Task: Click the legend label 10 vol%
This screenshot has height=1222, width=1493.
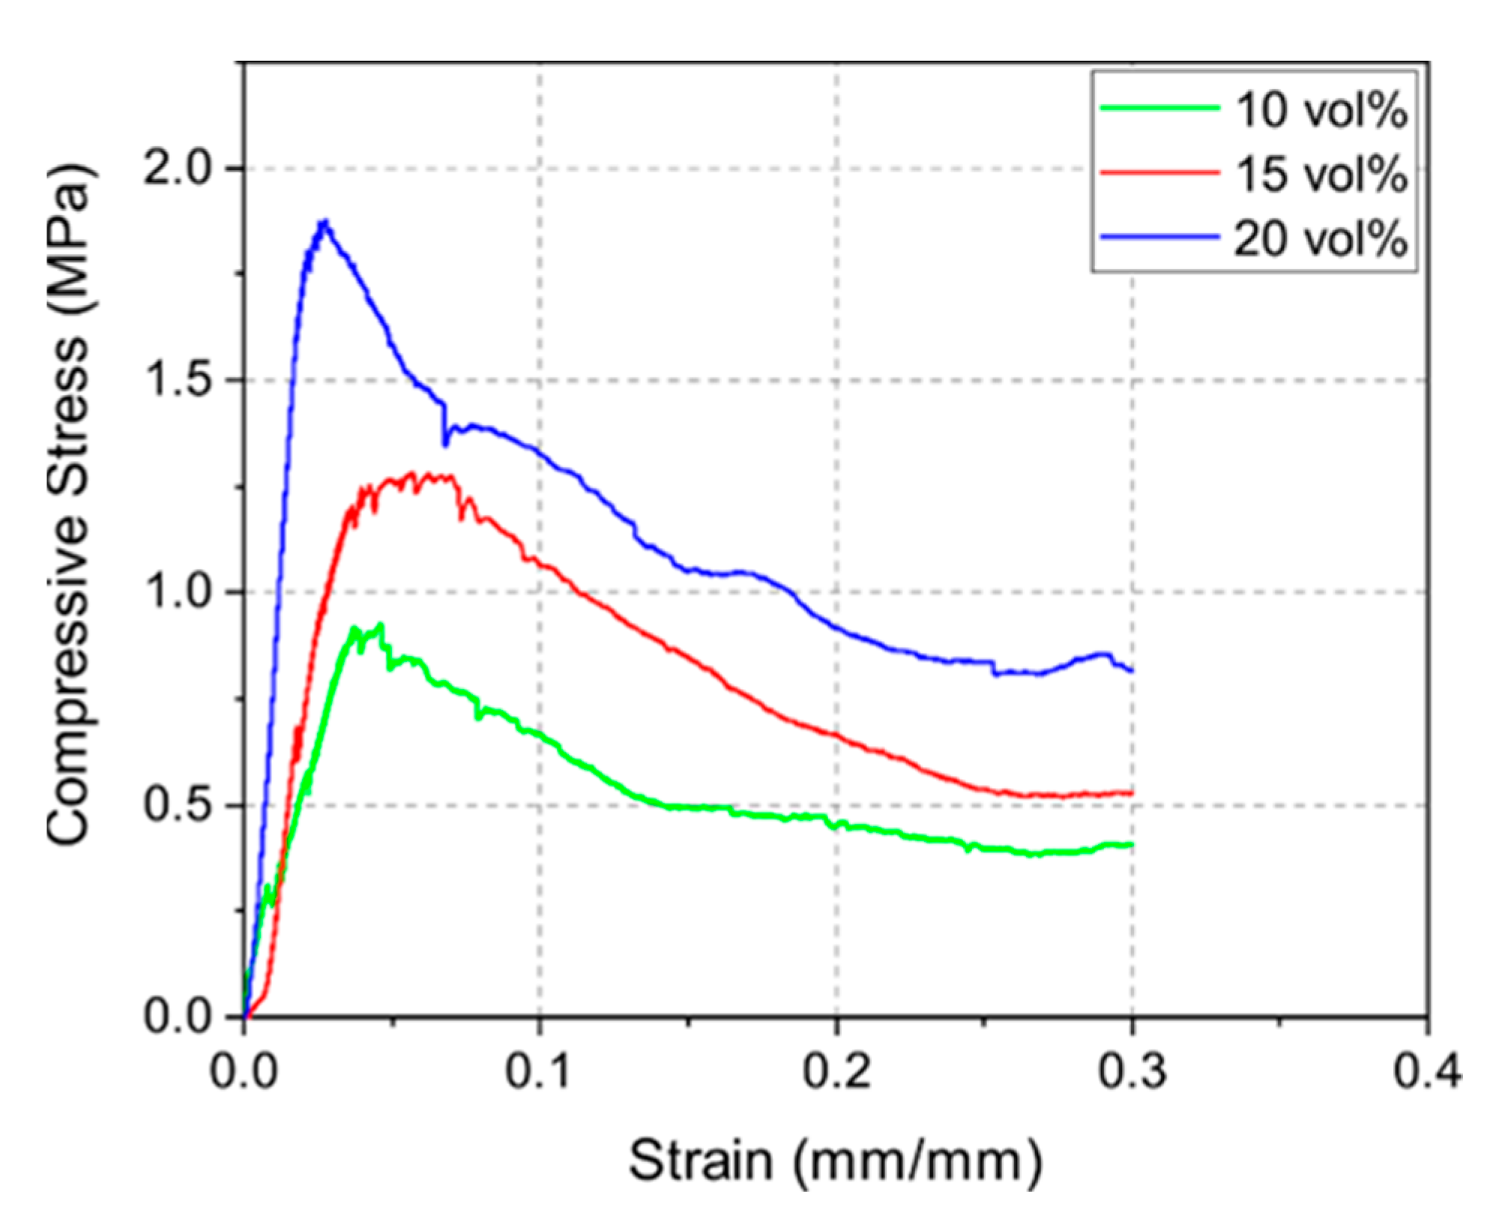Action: (1321, 110)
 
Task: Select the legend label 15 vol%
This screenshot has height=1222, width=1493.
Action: (1321, 174)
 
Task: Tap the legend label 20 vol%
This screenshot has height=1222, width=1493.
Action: (1321, 239)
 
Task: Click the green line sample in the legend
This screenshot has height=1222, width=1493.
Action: (1159, 108)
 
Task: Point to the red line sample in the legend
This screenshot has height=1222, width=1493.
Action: (1159, 172)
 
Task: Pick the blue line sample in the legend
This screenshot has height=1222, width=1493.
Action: (1159, 238)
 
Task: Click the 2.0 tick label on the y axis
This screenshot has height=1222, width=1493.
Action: (178, 168)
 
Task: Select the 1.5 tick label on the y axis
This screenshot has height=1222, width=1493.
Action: (178, 379)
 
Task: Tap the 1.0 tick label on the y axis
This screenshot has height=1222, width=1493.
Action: (178, 592)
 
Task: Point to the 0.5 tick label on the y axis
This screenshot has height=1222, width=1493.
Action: (178, 804)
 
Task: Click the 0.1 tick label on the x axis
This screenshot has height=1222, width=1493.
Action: (537, 1071)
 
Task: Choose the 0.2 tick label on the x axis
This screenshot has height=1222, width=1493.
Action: (835, 1071)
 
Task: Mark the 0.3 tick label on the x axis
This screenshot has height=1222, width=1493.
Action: (1132, 1071)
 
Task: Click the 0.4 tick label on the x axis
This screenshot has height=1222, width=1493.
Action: (1426, 1071)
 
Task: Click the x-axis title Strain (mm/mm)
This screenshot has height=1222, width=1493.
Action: (835, 1161)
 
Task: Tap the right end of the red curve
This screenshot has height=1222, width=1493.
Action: (1131, 792)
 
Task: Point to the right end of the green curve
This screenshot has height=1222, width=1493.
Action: (1131, 845)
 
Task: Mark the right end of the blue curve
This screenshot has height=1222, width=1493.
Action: (1131, 669)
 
